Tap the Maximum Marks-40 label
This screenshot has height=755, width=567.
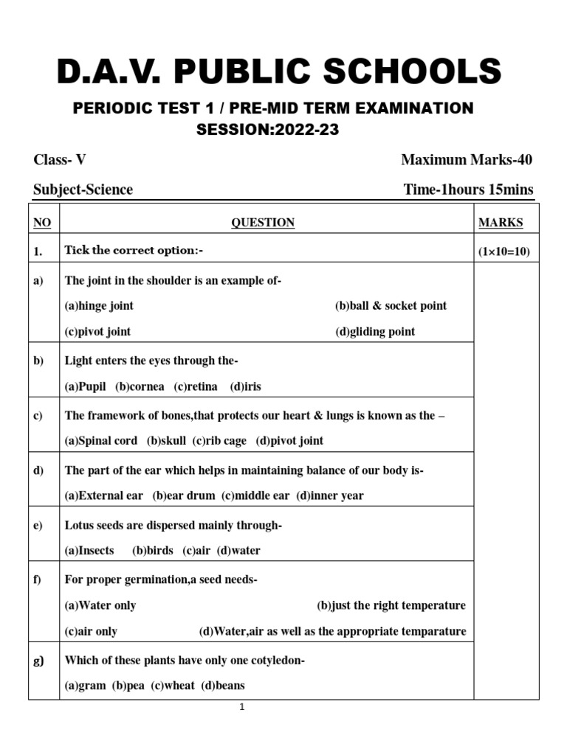(467, 160)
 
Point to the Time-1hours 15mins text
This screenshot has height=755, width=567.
(468, 189)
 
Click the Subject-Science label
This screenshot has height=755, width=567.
(83, 189)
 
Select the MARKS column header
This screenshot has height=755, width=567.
(501, 223)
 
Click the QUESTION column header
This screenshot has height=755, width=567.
(263, 223)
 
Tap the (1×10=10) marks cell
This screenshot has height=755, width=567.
(504, 251)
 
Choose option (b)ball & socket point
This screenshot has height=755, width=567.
(391, 305)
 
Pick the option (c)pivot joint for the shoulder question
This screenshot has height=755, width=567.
(98, 332)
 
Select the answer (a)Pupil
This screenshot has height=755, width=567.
(86, 386)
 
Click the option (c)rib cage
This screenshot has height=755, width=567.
(219, 441)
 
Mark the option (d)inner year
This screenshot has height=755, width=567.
(330, 495)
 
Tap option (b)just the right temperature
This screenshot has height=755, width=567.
(391, 605)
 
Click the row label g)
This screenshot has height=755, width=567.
(39, 661)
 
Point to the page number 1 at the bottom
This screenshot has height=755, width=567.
(241, 708)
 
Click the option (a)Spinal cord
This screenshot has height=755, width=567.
(101, 441)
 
